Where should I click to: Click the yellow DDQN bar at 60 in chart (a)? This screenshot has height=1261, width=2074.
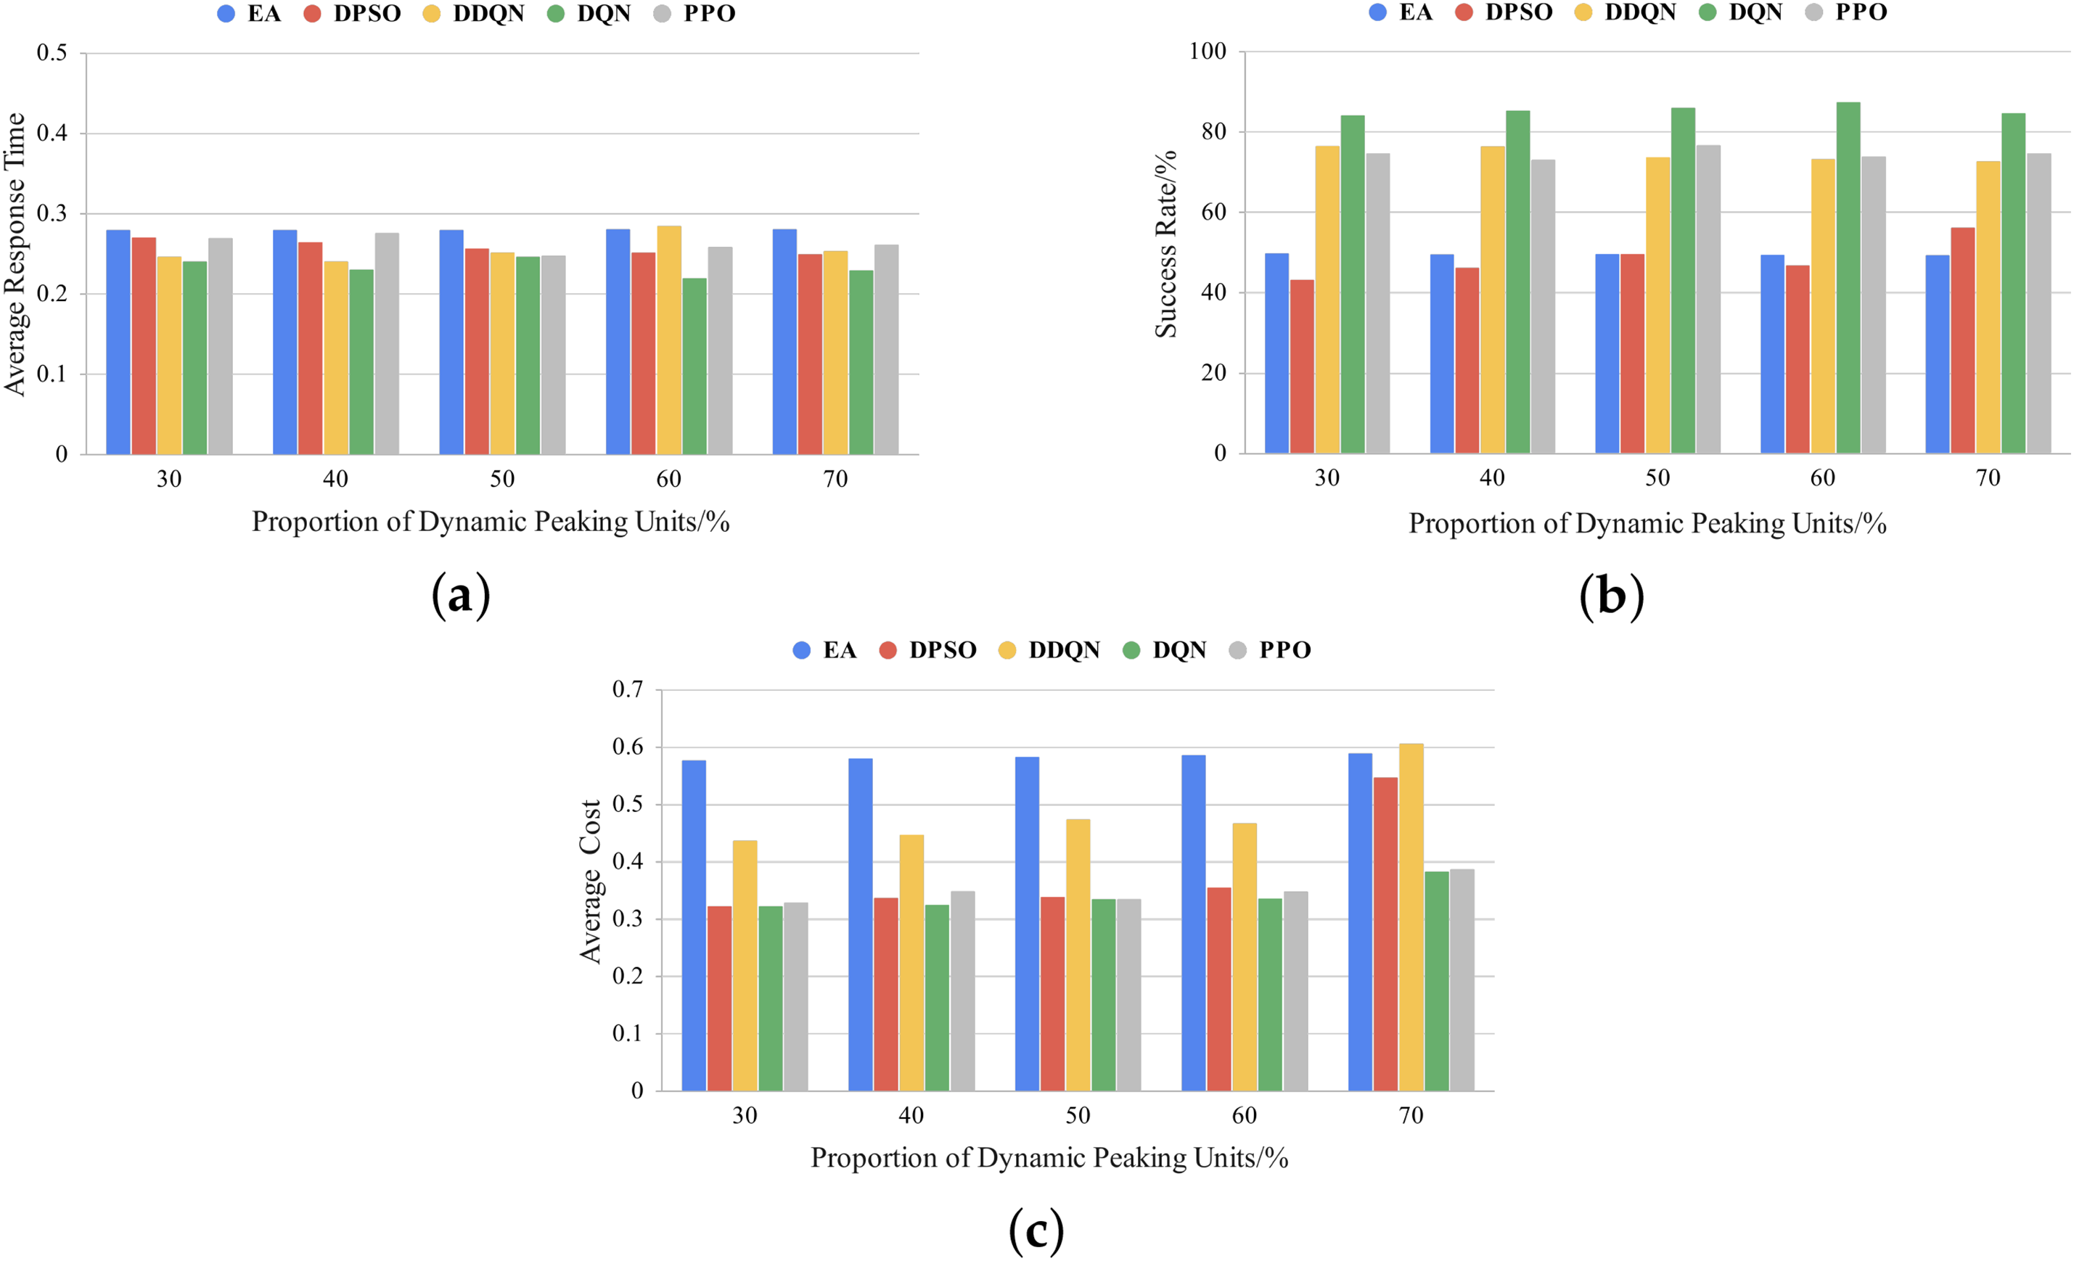tap(669, 340)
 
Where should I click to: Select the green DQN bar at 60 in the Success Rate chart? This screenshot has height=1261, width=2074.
tap(1848, 278)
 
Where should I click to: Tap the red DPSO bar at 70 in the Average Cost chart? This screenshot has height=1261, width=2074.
tap(1385, 934)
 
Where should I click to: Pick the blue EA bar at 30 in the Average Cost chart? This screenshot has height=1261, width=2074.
tap(694, 925)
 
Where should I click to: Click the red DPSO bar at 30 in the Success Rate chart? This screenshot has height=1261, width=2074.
tap(1301, 366)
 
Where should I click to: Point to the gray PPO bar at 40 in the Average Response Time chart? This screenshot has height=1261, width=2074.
tap(388, 343)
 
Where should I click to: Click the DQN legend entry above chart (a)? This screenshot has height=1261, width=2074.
tap(589, 14)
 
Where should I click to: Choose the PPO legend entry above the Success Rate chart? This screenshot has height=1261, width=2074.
tap(1848, 12)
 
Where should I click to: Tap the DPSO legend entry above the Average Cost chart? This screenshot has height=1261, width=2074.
tap(927, 650)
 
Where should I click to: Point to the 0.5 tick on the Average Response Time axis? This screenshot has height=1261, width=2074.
tap(52, 53)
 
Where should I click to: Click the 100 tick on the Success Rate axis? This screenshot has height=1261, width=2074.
tap(1207, 52)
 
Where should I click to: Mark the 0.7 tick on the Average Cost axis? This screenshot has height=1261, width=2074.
tap(627, 689)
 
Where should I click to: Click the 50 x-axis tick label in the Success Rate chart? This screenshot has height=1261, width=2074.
tap(1657, 478)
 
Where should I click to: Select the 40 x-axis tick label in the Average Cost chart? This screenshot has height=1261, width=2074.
tap(911, 1115)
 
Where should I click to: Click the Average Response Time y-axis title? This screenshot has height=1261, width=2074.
tap(15, 254)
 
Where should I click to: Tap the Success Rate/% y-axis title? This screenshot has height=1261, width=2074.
tap(1165, 244)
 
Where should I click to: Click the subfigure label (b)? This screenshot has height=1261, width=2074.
tap(1611, 597)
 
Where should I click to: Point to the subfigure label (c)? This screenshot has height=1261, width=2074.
tap(1036, 1231)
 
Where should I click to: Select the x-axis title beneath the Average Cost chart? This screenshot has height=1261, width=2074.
tap(1049, 1158)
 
